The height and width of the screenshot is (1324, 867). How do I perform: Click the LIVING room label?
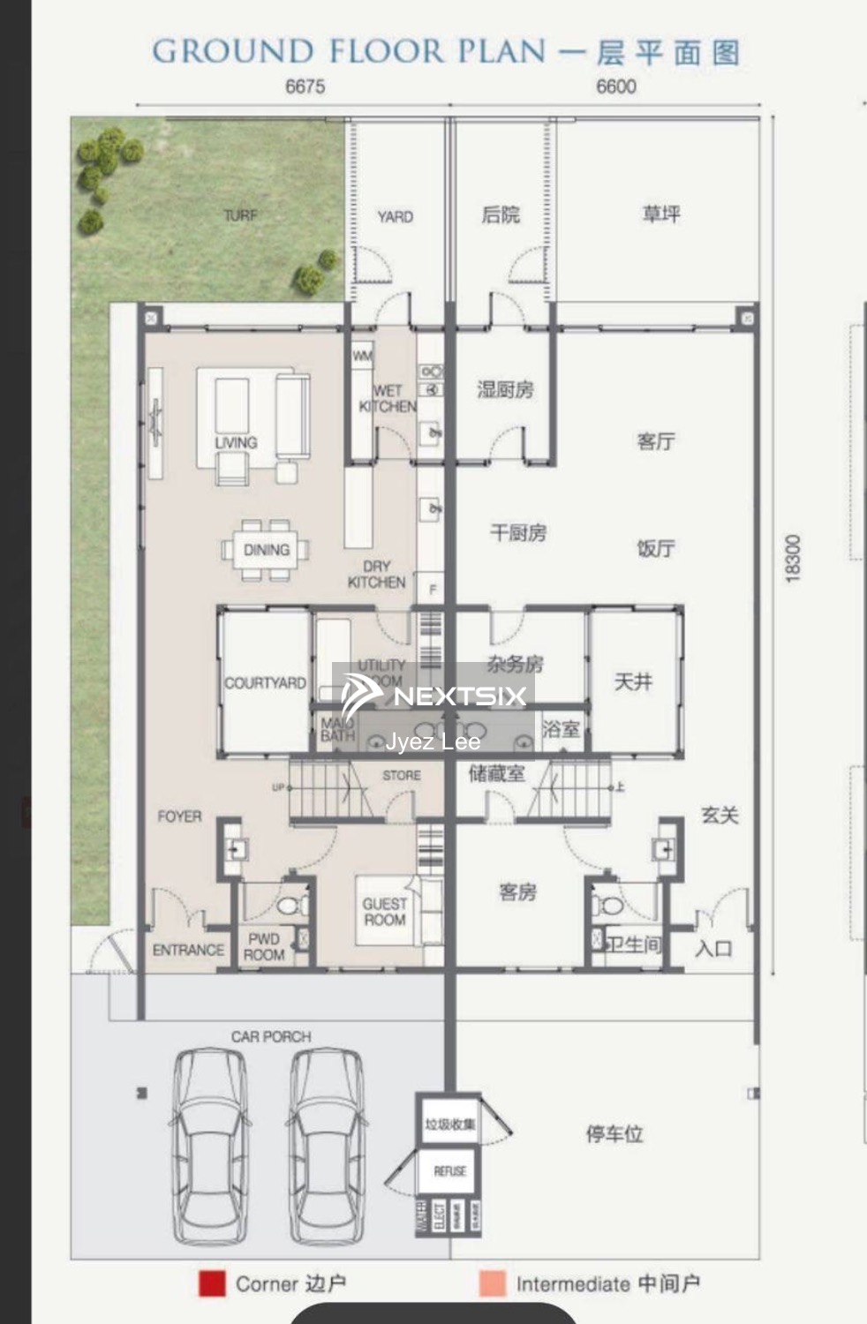pos(236,442)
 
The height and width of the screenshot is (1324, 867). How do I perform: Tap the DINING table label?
pos(266,550)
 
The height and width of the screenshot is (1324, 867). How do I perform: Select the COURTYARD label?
pos(265,682)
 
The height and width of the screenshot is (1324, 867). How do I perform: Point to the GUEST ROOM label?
pos(384,912)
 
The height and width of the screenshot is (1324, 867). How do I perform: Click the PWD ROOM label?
pos(264,946)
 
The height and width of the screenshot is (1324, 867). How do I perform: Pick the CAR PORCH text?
pos(271,1036)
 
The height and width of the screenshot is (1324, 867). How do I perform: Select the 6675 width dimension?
pos(305,87)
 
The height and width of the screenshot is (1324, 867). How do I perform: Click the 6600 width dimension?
pos(615,87)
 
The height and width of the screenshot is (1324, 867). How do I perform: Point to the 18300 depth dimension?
pos(792,558)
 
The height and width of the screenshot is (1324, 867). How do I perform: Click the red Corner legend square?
pos(212,1283)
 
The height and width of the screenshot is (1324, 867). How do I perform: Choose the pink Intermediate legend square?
pos(493,1283)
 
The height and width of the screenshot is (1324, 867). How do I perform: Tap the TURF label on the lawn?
pos(240,215)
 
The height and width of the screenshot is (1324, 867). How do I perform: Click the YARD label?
pos(395,216)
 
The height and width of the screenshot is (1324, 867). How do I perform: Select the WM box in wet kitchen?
pos(362,357)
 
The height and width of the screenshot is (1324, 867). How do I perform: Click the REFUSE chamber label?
pos(449,1171)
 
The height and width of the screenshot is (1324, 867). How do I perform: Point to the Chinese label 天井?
pos(633,681)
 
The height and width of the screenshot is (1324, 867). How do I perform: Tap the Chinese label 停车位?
pos(614,1133)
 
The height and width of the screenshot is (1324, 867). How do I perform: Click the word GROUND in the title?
pos(232,51)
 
